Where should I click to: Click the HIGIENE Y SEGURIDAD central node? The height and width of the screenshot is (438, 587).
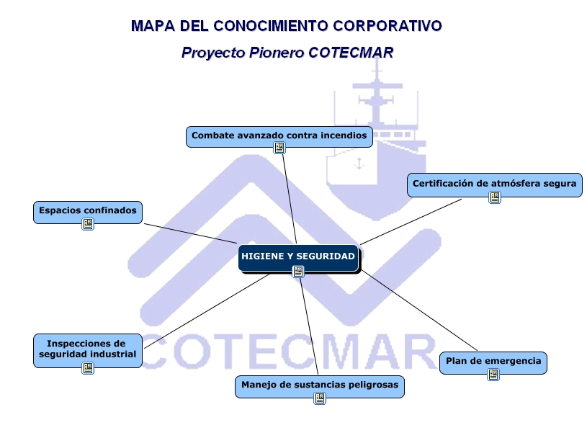pos(298,258)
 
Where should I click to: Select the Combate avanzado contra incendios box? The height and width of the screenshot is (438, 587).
pos(279,137)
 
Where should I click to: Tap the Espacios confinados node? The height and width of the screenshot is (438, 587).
pos(88,213)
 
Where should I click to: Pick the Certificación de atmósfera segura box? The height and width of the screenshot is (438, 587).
pos(495,185)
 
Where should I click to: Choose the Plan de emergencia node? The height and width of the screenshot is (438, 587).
pos(493,363)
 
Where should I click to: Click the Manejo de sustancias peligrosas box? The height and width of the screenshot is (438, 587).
pos(320,387)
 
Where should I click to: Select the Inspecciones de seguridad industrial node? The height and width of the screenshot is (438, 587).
pos(88,350)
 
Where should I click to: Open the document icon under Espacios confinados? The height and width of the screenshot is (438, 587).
pos(88,224)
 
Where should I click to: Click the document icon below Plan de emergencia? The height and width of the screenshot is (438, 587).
pos(493,375)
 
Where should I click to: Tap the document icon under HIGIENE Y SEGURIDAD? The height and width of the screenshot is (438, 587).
pos(298,272)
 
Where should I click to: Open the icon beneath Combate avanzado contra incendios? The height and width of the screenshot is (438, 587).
pos(279,148)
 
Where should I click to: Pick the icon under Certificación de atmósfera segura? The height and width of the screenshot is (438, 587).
pos(495,197)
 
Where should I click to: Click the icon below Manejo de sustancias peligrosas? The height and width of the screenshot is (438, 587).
pos(320,398)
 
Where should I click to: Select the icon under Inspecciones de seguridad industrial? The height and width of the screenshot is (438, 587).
pos(88,368)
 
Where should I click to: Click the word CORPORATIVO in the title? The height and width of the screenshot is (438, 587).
pos(387,26)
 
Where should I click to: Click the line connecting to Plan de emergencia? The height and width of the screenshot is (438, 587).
pos(419,310)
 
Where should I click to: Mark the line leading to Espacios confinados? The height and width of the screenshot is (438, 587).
pos(191,233)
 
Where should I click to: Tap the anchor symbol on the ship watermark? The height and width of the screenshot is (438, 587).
pos(359,164)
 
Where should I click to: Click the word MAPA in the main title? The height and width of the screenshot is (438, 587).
pos(153,26)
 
